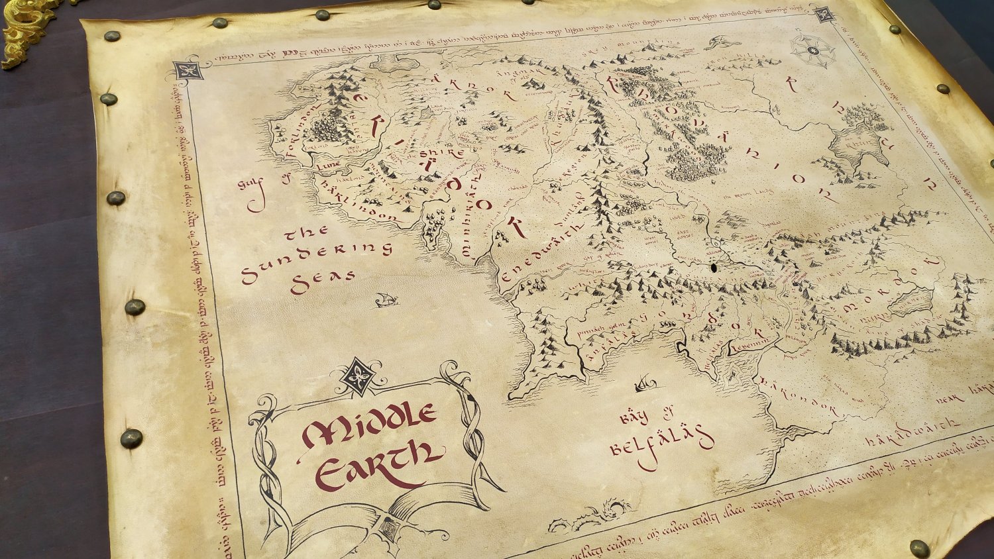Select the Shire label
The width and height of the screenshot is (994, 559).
[441, 154]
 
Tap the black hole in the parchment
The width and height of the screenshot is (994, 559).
[714, 269]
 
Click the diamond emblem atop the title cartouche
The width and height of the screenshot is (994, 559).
[358, 376]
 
